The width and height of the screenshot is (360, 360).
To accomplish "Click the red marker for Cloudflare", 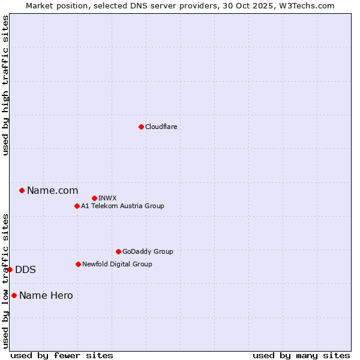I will (141, 127).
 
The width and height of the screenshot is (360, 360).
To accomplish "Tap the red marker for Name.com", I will (22, 190).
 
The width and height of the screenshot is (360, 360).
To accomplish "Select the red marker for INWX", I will (94, 198).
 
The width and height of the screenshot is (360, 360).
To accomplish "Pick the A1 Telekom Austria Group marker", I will (77, 206).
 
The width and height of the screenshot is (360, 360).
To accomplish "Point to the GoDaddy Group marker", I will (118, 251).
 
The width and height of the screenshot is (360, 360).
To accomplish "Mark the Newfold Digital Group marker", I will (78, 264).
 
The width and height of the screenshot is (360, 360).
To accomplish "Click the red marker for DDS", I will (10, 269).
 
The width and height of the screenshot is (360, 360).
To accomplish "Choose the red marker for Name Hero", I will (14, 295).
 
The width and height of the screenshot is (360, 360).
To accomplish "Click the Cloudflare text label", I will (161, 127).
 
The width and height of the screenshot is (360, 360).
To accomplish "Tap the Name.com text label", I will (52, 191).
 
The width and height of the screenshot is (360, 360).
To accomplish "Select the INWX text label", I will (107, 198).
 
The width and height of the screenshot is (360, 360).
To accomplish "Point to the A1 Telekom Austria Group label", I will (122, 206).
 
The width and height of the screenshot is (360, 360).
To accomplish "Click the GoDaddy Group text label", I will (148, 251).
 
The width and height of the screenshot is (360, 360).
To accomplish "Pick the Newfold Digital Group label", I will (117, 264).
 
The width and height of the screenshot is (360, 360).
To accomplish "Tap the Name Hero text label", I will (46, 295).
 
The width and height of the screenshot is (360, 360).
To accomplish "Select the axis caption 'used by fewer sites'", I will (62, 355).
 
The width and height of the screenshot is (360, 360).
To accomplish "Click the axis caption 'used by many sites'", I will (301, 355).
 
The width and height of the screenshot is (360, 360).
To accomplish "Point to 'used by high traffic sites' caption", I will (5, 85).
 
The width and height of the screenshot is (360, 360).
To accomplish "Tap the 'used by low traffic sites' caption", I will (5, 281).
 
